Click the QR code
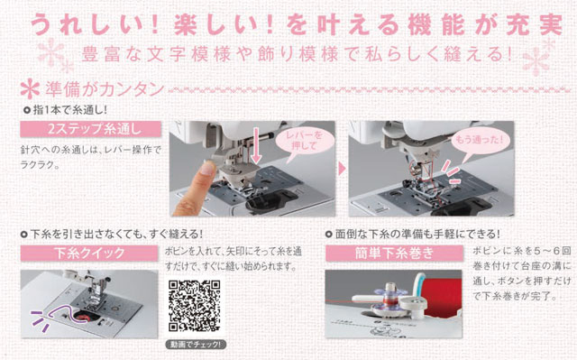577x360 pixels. [195, 306]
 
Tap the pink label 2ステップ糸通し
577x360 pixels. [90, 129]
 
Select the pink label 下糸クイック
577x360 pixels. [89, 254]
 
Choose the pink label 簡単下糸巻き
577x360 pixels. [394, 254]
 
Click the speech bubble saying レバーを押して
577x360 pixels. [304, 142]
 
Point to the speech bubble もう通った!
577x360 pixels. [478, 140]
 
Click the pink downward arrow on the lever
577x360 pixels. [256, 145]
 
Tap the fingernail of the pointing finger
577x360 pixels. [207, 168]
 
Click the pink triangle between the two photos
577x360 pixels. [343, 169]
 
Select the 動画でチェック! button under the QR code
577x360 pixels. [196, 345]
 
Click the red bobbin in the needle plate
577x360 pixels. [83, 317]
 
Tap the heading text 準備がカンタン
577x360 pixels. [105, 89]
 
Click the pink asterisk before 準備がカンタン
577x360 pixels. [30, 89]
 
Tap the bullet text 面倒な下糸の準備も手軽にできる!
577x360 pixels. [417, 234]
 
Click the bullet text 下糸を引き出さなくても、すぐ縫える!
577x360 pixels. [116, 234]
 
